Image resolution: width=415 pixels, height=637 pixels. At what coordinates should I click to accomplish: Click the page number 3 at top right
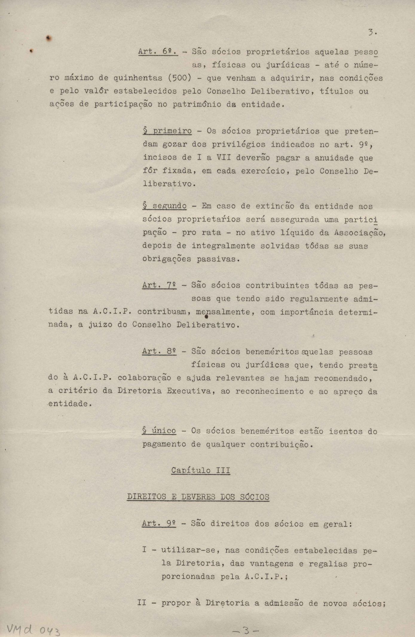371,33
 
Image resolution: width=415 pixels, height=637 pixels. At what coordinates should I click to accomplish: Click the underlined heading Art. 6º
158,51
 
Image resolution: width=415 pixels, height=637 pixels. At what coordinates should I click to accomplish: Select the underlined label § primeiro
167,131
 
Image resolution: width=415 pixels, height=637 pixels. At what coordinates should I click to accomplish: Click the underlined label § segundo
165,206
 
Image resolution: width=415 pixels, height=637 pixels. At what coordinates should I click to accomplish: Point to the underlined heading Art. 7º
159,285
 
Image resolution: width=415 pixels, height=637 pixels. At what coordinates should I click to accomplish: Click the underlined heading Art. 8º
159,351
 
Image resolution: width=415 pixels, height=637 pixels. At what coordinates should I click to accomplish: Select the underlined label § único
159,431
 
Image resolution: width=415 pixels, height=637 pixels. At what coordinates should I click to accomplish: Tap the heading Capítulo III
200,470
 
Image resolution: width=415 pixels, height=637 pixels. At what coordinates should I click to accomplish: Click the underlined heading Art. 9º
159,524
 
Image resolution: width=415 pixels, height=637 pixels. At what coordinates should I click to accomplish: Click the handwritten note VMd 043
33,624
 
